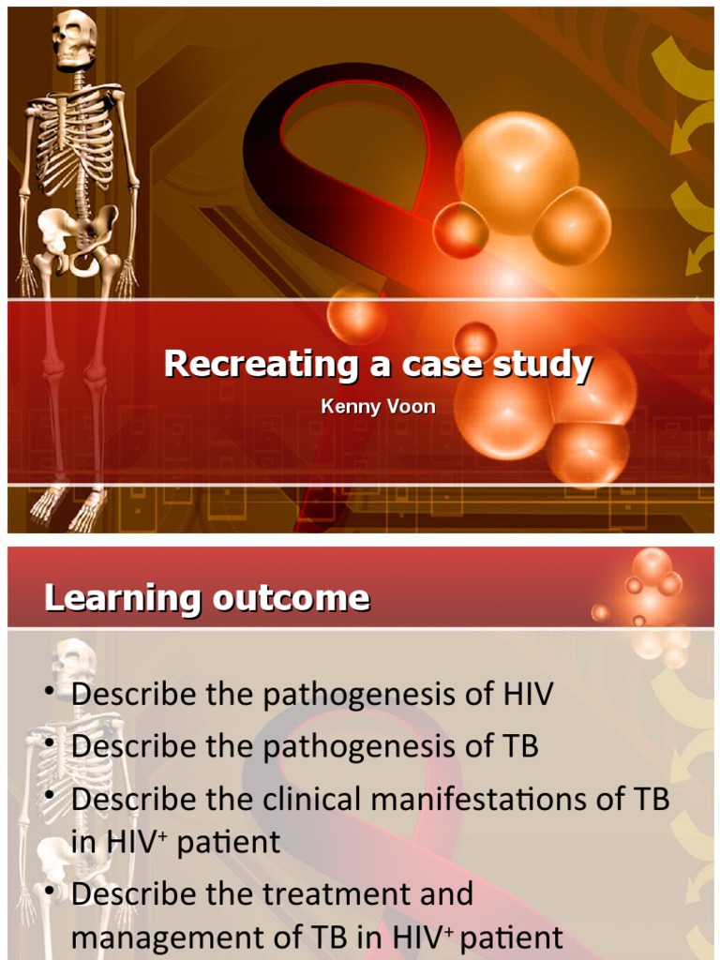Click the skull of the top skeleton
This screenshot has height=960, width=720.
72,39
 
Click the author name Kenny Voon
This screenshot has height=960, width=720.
378,408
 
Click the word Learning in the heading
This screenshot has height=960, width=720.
119,597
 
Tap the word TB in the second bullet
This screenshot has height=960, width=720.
520,746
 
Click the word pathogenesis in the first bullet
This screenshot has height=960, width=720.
367,695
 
